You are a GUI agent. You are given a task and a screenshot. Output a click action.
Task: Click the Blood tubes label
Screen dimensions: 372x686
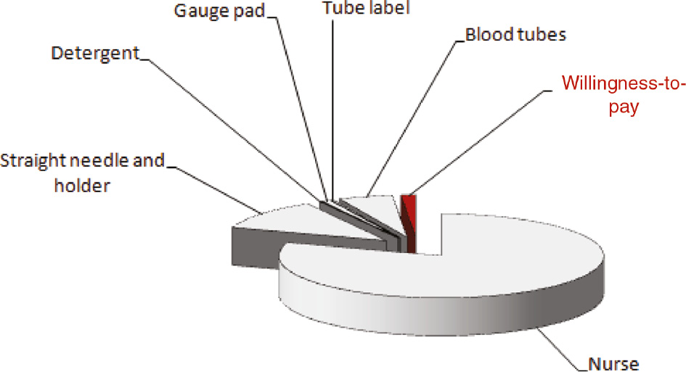point(515,35)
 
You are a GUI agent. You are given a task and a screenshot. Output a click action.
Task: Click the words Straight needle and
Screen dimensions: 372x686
point(83,161)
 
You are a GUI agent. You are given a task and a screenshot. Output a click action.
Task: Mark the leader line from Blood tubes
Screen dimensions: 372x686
point(414,116)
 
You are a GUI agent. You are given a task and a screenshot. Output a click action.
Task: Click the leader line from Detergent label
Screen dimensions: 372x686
point(232,123)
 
